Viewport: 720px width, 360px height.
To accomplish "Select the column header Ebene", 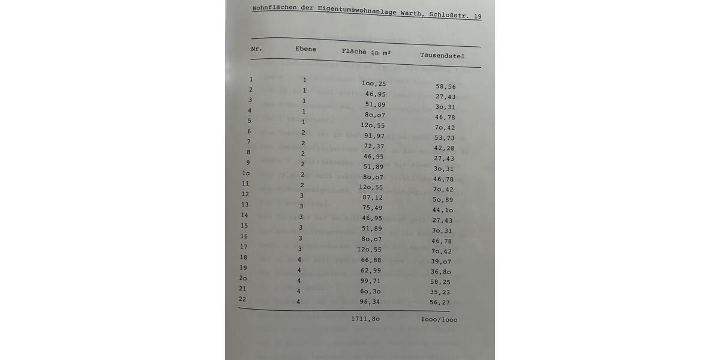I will pyautogui.click(x=305, y=49).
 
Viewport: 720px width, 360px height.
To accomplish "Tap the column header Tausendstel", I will pyautogui.click(x=442, y=56).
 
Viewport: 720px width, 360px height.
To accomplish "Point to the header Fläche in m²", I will pyautogui.click(x=366, y=52).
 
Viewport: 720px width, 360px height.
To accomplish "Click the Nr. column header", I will pyautogui.click(x=256, y=49).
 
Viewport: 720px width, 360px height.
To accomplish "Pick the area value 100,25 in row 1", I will pyautogui.click(x=374, y=84).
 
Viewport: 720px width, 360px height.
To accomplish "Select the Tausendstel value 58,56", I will pyautogui.click(x=446, y=86).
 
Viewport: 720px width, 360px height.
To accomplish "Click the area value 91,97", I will pyautogui.click(x=374, y=136).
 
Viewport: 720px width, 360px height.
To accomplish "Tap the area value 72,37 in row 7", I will pyautogui.click(x=374, y=146).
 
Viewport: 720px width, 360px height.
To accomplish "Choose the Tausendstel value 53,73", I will pyautogui.click(x=445, y=138).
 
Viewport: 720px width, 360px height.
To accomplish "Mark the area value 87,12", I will pyautogui.click(x=373, y=197).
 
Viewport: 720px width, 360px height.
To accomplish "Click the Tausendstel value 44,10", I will pyautogui.click(x=443, y=210).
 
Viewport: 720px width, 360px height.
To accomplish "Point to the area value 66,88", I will pyautogui.click(x=371, y=260).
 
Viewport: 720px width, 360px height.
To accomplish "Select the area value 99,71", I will pyautogui.click(x=371, y=281).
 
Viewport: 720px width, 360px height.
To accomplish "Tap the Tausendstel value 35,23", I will pyautogui.click(x=440, y=292).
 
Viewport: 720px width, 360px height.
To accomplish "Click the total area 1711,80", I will pyautogui.click(x=365, y=319).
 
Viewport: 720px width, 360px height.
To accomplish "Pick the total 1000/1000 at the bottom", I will pyautogui.click(x=439, y=320).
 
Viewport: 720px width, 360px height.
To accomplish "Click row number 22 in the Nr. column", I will pyautogui.click(x=242, y=299).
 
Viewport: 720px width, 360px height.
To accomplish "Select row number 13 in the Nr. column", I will pyautogui.click(x=245, y=205).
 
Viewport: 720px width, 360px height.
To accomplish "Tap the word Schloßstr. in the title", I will pyautogui.click(x=449, y=14).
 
